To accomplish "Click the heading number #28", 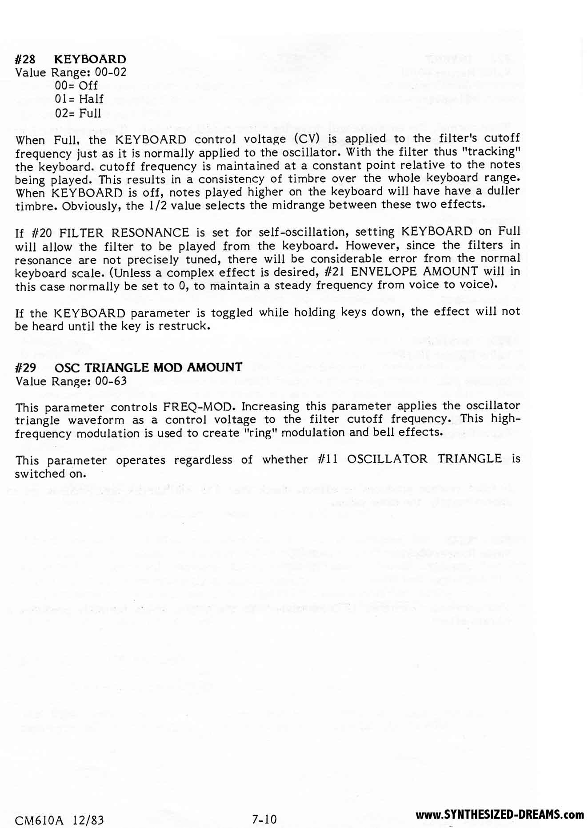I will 25,59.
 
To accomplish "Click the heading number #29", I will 25,368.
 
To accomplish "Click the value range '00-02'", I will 111,72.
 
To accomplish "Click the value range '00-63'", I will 111,381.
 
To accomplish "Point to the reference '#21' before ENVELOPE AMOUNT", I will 335,272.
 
